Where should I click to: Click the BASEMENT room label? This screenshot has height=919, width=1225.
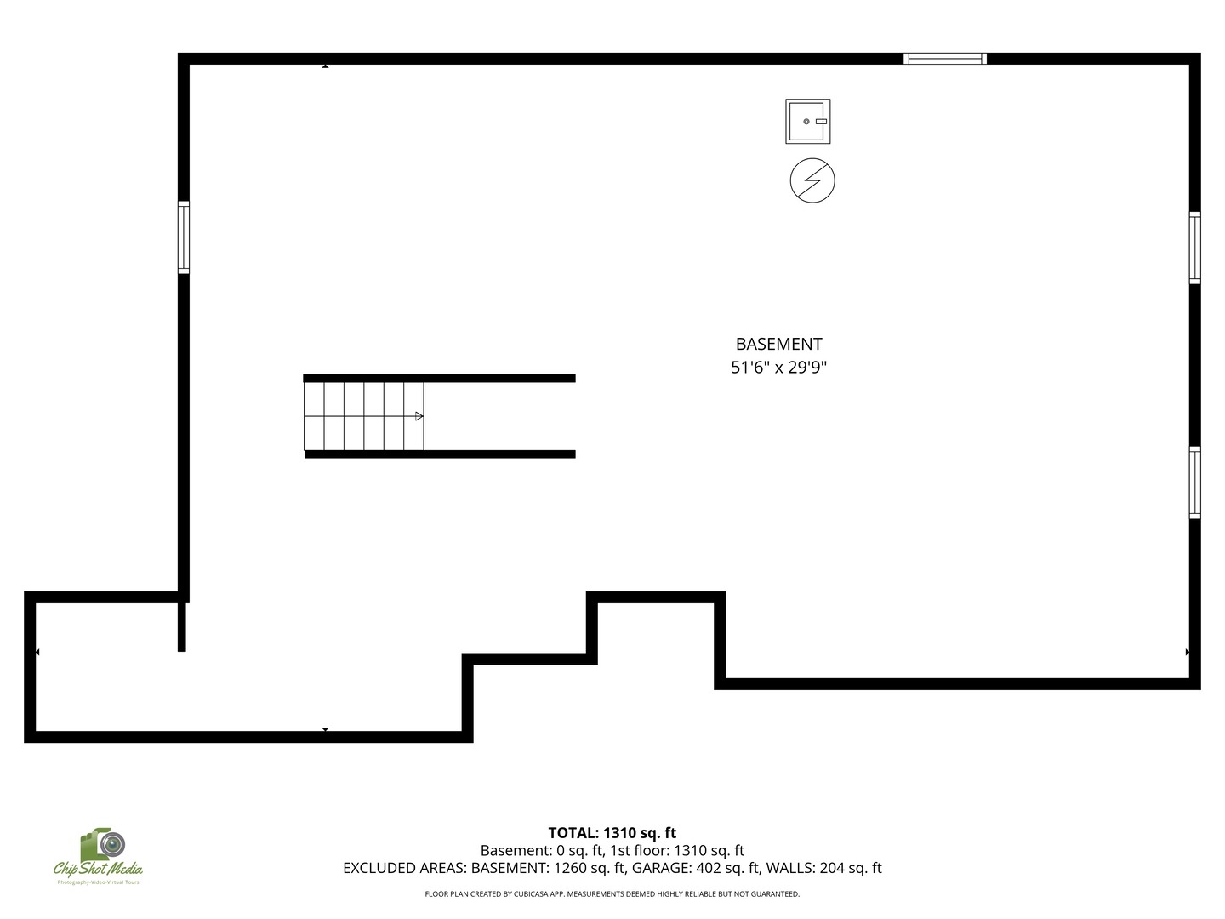click(778, 344)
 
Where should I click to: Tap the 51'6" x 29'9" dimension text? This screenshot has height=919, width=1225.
click(778, 367)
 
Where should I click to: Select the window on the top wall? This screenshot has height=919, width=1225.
click(945, 59)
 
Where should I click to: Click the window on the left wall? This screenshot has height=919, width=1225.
click(184, 237)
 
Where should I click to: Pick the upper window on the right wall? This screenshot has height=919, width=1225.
click(1195, 248)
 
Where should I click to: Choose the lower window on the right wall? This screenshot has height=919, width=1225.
click(1195, 482)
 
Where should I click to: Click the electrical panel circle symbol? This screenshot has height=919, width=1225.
click(812, 180)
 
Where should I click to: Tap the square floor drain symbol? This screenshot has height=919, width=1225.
click(807, 121)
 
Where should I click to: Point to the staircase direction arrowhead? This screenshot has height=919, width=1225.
click(419, 416)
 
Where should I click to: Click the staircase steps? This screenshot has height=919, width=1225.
click(364, 416)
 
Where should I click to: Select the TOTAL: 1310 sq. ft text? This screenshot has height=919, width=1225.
click(612, 833)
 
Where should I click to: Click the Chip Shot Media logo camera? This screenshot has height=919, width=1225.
click(103, 844)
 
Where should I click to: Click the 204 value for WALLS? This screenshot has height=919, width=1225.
click(831, 868)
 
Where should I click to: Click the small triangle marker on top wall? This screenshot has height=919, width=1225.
click(325, 66)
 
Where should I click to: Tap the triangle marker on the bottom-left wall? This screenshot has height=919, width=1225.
click(325, 729)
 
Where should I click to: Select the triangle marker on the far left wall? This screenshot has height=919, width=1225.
click(37, 652)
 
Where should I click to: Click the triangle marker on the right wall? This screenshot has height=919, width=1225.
click(1187, 652)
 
